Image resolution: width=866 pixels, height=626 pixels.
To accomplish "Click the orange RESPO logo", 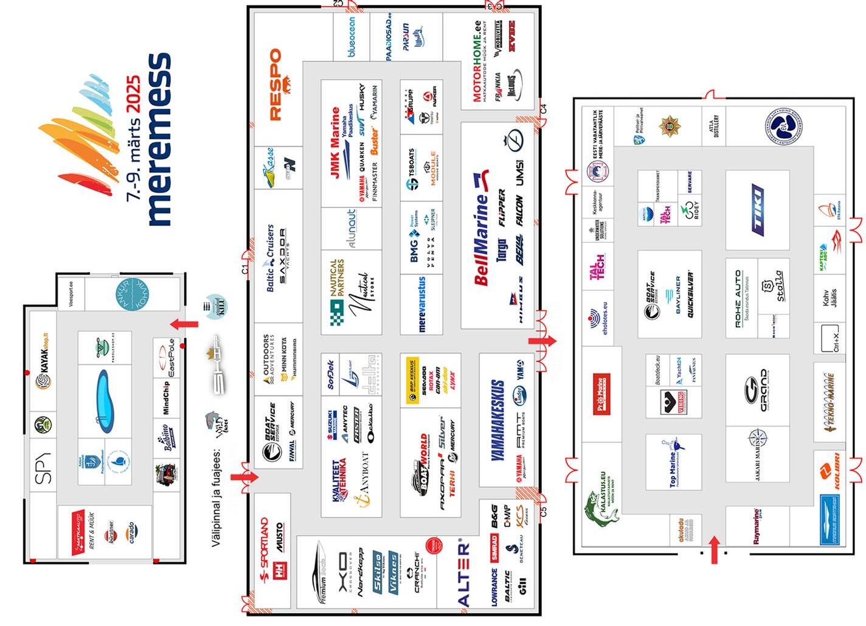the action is [275, 85].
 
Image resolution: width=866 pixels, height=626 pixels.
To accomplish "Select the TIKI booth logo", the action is [757, 210].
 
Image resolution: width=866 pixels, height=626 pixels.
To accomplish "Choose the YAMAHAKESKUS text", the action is [497, 420].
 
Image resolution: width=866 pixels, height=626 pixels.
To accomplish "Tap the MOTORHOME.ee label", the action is [477, 61].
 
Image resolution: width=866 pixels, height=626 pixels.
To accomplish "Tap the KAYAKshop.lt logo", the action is [44, 367].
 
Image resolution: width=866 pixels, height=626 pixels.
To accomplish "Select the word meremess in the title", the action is [159, 139].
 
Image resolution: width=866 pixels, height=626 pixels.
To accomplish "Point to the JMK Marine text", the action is [334, 143].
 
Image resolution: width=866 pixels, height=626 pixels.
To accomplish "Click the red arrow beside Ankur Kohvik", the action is [184, 324].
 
